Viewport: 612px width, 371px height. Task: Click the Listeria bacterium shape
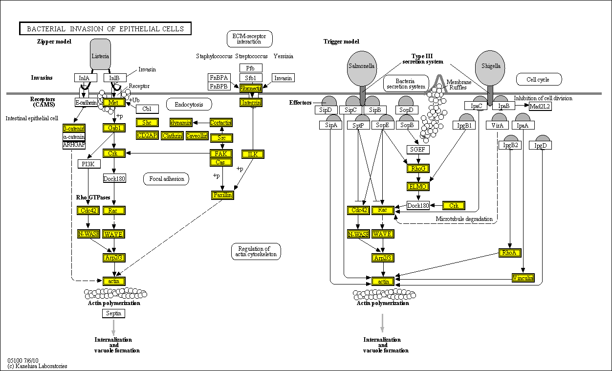pos(100,55)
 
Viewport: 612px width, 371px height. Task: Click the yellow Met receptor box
pos(113,103)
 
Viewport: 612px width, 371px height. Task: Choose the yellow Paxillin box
pos(222,195)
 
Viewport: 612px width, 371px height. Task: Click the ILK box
pos(253,154)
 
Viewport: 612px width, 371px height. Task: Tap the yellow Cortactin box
pos(220,123)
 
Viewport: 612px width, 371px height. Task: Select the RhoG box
pos(418,169)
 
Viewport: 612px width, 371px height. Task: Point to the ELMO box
pos(418,186)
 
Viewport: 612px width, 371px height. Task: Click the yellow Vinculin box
pos(523,278)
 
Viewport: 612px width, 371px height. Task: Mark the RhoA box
pos(510,253)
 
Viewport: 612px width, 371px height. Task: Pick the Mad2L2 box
pos(540,106)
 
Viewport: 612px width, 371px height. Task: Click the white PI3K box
pos(88,164)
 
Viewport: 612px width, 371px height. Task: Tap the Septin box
pos(113,313)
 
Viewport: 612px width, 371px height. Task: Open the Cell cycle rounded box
pos(539,79)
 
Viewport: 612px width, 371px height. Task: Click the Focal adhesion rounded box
pos(166,179)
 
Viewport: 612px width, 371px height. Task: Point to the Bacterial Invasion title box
pos(105,29)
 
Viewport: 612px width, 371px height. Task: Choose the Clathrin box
pos(172,136)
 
